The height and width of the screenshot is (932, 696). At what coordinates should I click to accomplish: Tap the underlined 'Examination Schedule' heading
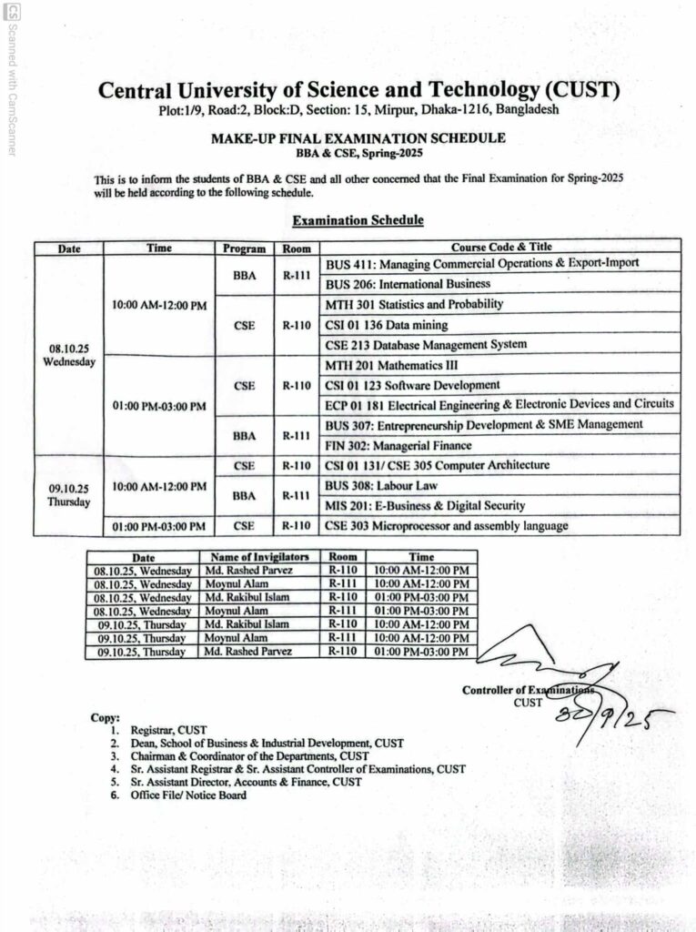point(358,220)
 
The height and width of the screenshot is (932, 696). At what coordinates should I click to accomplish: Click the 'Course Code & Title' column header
point(500,247)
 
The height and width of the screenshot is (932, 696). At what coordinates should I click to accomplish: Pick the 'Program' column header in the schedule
point(244,248)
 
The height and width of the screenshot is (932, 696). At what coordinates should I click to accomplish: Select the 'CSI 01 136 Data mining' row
point(387,325)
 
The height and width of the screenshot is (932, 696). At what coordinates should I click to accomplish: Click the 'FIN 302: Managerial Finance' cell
point(398,446)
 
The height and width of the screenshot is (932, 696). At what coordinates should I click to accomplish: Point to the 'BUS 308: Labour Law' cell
point(381,486)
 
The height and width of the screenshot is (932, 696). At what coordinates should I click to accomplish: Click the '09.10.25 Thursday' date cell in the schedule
point(68,495)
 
